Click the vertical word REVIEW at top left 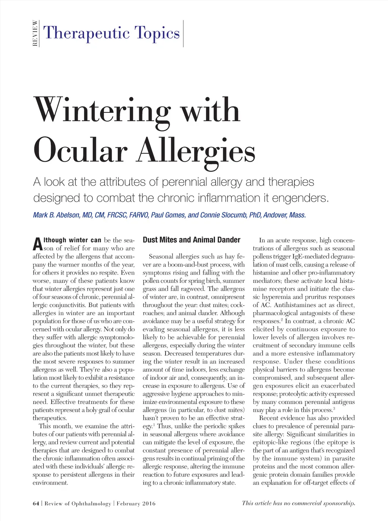point(35,33)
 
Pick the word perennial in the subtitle point(183,182)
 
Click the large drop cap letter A point(37,244)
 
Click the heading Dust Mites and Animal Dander point(191,240)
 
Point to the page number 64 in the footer point(36,504)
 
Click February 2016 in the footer point(136,504)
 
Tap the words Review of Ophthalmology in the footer point(78,504)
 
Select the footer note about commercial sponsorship point(299,503)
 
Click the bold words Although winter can point(72,240)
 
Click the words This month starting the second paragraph point(56,426)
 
